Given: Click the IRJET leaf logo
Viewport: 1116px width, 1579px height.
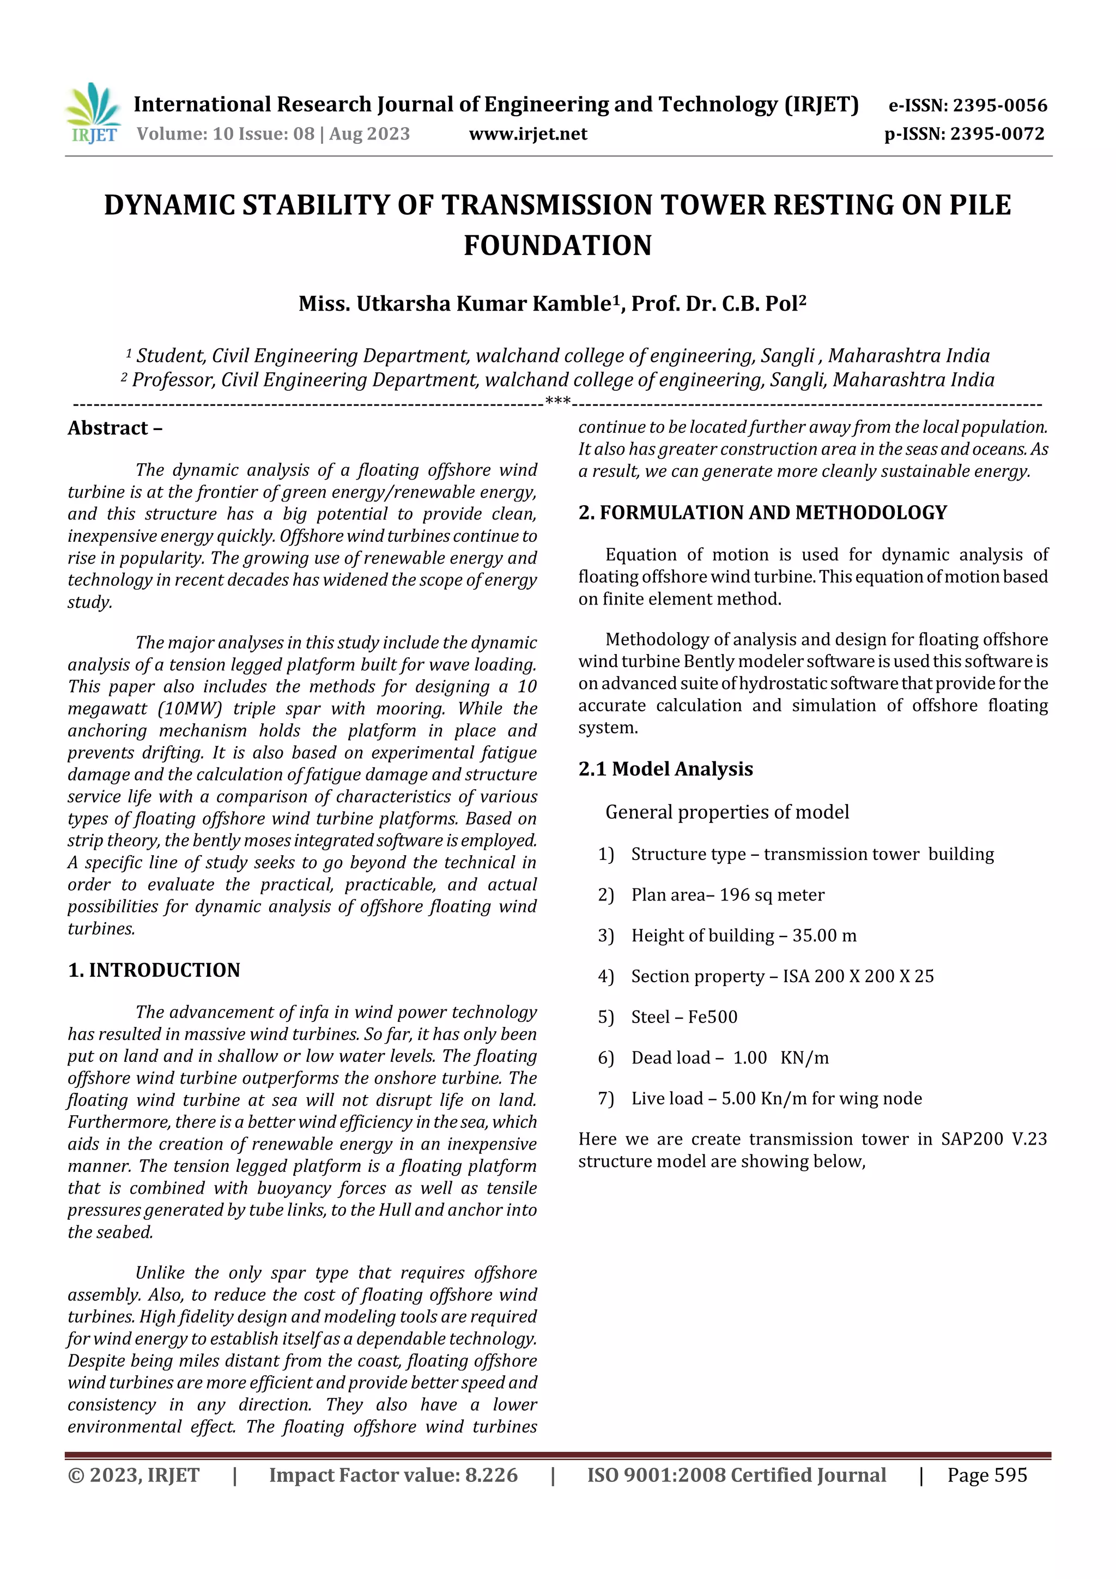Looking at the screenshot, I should point(93,112).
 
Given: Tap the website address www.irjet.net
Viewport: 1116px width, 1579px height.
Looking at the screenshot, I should point(528,134).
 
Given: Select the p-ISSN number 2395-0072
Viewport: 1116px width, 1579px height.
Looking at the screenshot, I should point(997,134).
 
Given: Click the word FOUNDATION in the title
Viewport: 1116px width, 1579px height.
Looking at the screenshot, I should point(557,245).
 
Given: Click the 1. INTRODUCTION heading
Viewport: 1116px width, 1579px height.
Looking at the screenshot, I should point(154,970).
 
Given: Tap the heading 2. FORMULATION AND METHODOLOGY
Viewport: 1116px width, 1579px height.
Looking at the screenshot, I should point(762,512).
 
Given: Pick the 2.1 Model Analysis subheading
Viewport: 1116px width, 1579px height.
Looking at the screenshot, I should point(665,769).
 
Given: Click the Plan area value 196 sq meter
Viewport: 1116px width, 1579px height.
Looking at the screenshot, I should point(772,895).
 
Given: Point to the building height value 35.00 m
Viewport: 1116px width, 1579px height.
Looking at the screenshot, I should point(824,935).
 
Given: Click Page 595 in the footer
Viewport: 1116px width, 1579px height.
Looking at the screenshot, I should point(987,1474).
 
